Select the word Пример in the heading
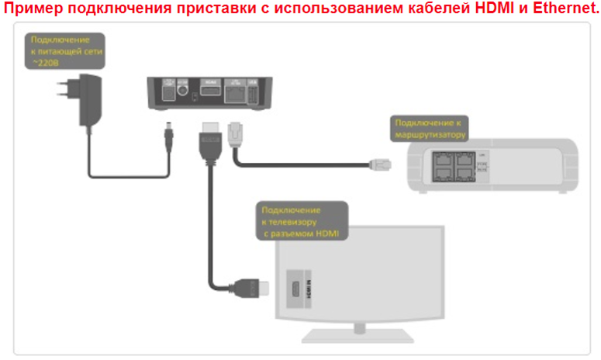click(33, 9)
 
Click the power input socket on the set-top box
click(164, 92)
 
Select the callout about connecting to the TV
click(302, 221)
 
